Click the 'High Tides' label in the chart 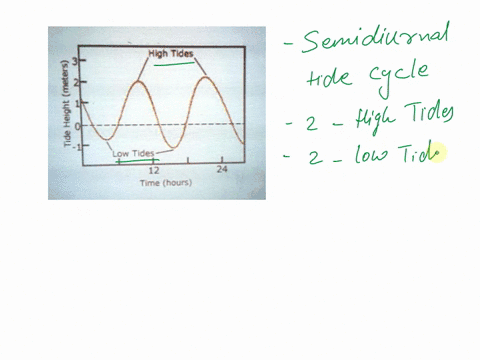point(171,53)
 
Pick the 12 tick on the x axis point(153,171)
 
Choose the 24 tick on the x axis point(223,171)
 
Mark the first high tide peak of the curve point(139,82)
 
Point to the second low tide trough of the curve point(171,147)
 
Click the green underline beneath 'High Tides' point(174,65)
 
